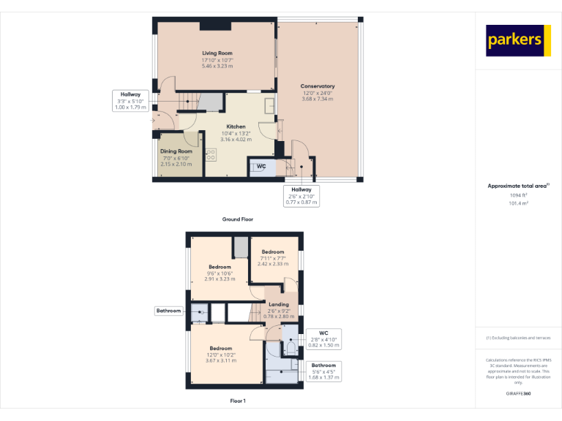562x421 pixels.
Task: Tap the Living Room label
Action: [x=217, y=59]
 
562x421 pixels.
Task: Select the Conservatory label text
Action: [x=317, y=92]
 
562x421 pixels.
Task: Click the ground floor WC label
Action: [x=261, y=167]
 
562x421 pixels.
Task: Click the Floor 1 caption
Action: [x=238, y=401]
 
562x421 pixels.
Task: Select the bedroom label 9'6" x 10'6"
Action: [x=220, y=273]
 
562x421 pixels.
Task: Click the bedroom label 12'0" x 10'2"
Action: [x=221, y=354]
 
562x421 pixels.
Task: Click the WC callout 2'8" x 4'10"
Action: [x=323, y=339]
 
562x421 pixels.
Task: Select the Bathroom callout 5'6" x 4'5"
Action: [x=323, y=371]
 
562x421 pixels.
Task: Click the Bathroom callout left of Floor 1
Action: [x=168, y=311]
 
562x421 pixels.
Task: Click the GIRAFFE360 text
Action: [x=518, y=394]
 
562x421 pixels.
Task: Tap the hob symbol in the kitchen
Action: [x=211, y=154]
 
